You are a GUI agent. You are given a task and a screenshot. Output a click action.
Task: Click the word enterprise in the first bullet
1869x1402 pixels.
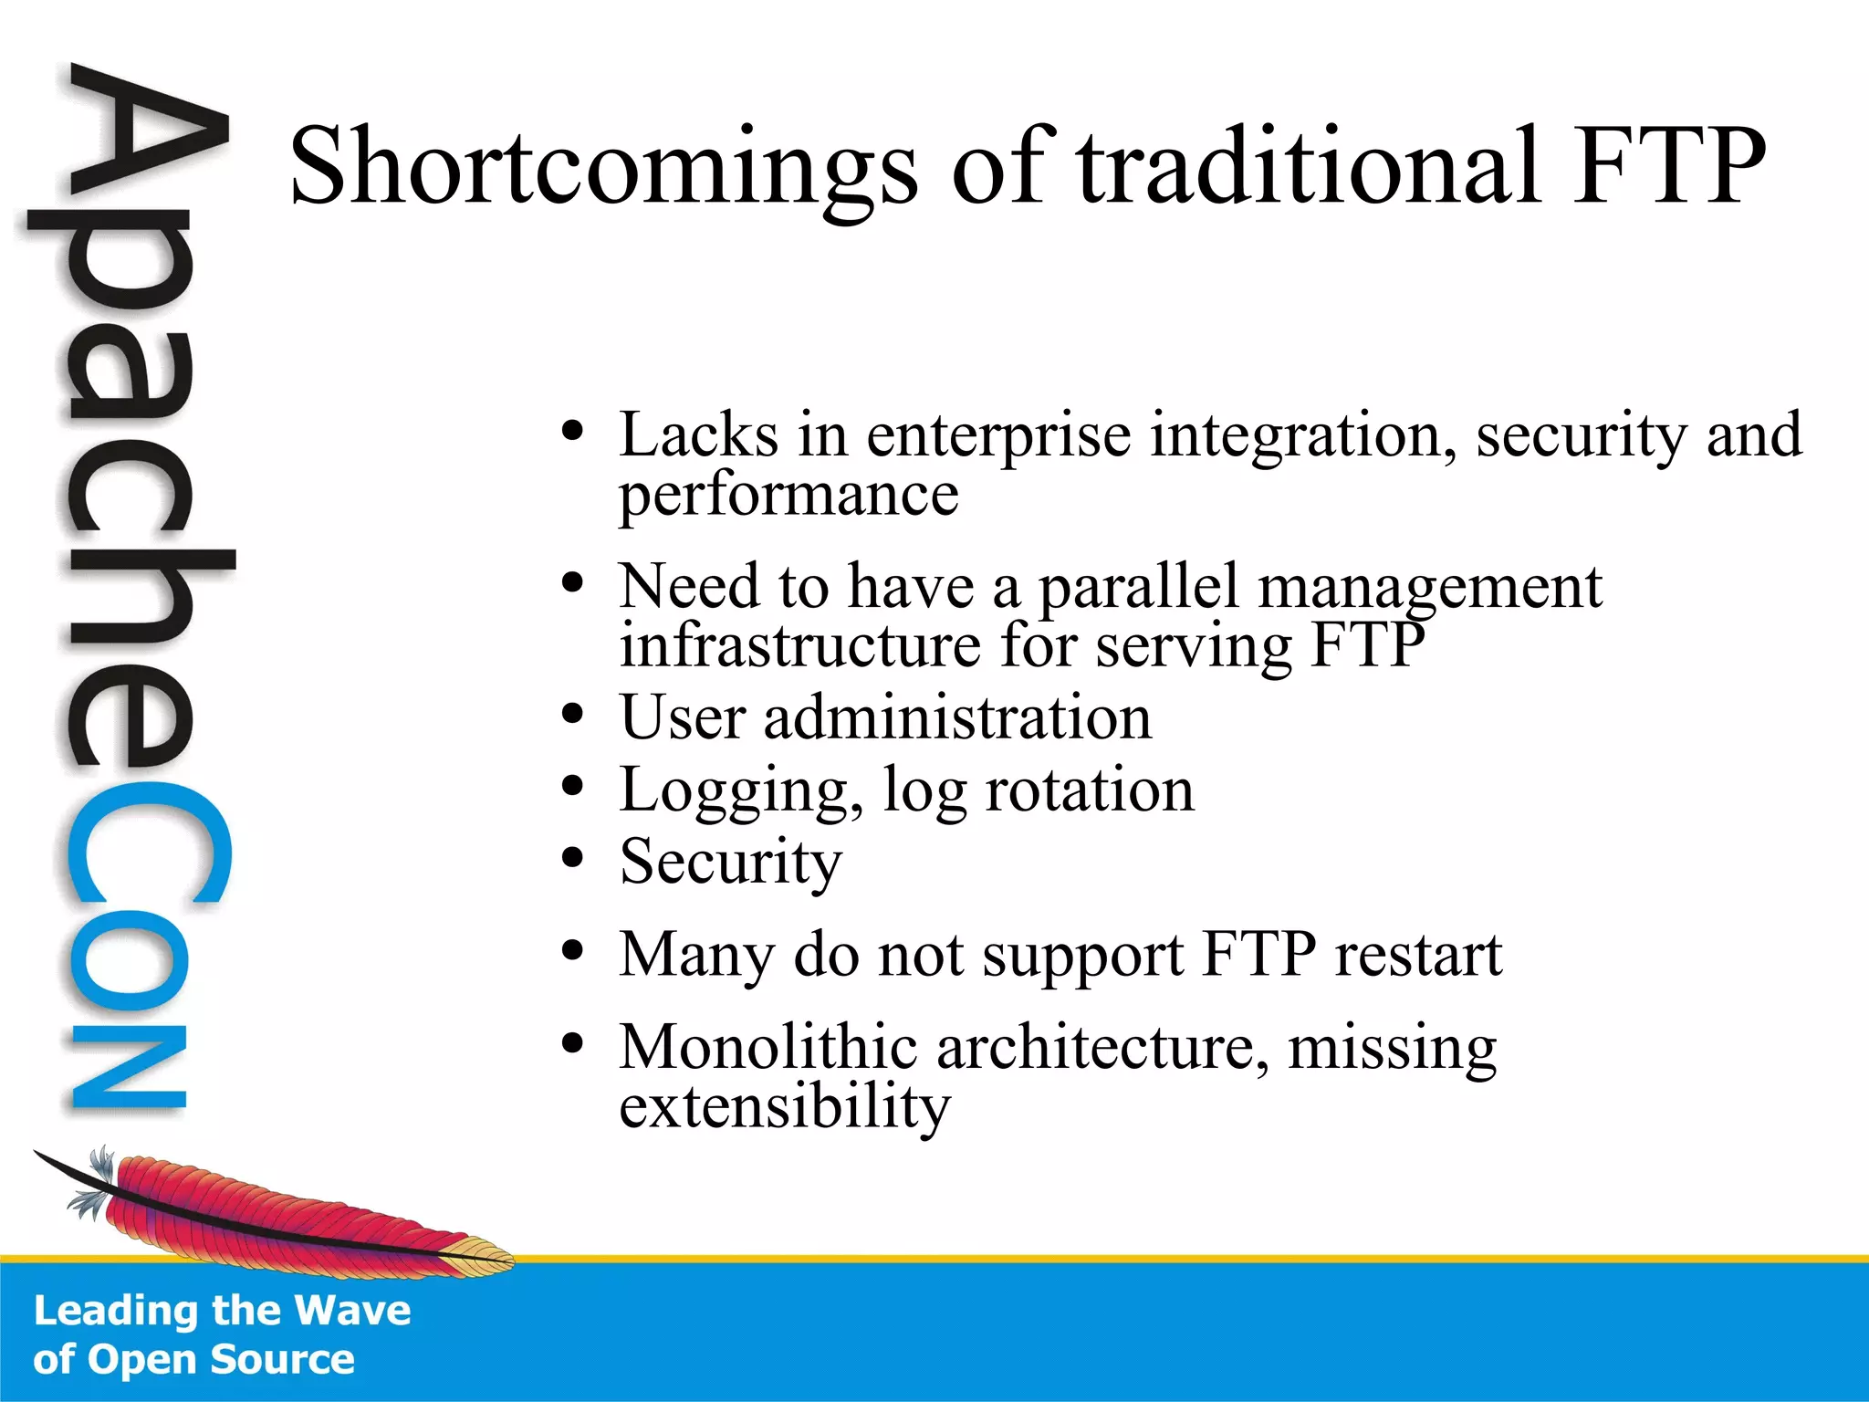(x=998, y=436)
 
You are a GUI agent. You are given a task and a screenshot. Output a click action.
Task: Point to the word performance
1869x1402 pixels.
(x=788, y=496)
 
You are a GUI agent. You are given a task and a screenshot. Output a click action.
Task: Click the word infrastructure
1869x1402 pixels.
(x=800, y=645)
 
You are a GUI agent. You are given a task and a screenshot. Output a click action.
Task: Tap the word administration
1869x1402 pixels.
(x=957, y=717)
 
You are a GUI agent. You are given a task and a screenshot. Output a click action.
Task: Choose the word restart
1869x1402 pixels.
(x=1418, y=956)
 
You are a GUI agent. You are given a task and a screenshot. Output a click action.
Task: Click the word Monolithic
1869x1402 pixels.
(x=767, y=1047)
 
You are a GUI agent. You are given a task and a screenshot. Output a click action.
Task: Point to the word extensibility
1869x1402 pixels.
(x=785, y=1107)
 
